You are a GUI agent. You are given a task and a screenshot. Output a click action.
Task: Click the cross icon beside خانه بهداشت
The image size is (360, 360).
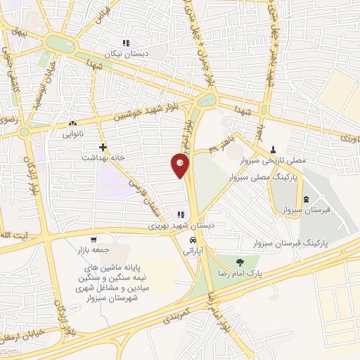point(103,147)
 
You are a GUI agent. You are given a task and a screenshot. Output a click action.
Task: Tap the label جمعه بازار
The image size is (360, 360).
point(89,249)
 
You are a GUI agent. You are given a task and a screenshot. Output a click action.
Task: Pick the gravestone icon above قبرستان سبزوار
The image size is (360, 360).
point(294,200)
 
